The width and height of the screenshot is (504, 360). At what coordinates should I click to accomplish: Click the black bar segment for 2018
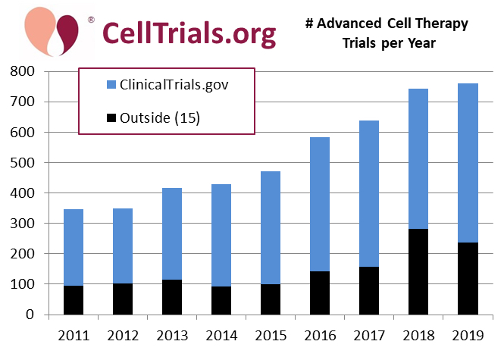tap(419, 271)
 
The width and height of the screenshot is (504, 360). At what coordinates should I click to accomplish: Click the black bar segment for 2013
tap(172, 296)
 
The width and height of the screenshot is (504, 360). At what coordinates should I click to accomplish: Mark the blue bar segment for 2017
tap(369, 193)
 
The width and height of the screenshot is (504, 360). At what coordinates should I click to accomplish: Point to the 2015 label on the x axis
tap(271, 336)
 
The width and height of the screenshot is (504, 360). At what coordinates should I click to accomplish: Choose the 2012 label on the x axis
tap(123, 336)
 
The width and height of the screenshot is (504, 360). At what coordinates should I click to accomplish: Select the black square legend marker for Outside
tap(110, 119)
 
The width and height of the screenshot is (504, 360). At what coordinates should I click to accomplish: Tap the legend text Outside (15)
tap(159, 119)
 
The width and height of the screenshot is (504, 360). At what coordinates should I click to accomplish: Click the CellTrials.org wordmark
tap(188, 33)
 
